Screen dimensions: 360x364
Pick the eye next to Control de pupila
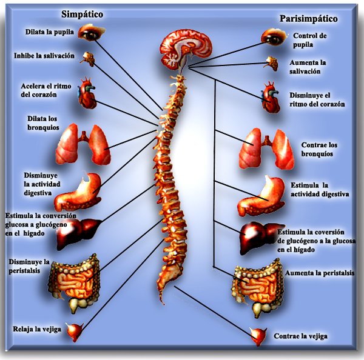tap(272, 37)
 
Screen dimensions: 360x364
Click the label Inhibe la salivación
tap(44, 56)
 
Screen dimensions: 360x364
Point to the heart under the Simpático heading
tap(88, 94)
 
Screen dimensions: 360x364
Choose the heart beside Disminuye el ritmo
tap(269, 97)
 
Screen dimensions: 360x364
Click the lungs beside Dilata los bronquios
tap(82, 144)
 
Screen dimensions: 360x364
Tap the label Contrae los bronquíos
tap(319, 149)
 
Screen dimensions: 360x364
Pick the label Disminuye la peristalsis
tap(29, 266)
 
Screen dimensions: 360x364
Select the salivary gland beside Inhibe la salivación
tap(90, 59)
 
